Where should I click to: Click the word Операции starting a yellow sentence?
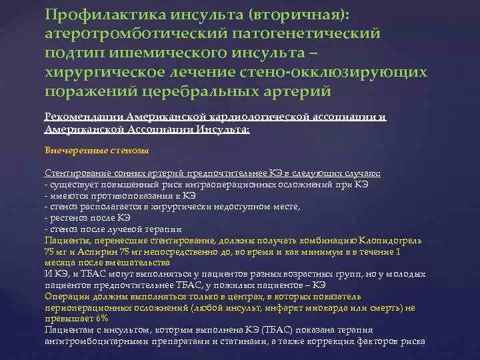(66, 297)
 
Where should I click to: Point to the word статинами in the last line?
(241, 341)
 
